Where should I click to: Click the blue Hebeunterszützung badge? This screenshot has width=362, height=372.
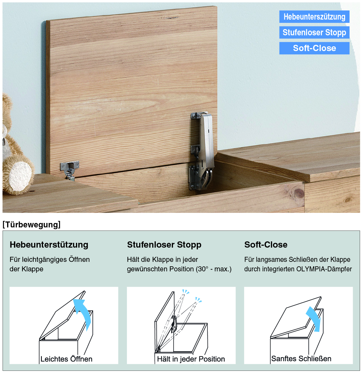click(314, 17)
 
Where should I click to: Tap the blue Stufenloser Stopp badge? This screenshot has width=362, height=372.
click(314, 32)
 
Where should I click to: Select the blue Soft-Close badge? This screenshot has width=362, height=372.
click(314, 48)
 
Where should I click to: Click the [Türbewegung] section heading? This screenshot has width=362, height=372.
click(31, 224)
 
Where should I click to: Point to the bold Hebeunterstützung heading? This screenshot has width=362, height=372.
click(49, 245)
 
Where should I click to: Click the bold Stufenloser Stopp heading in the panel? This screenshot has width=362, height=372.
click(164, 245)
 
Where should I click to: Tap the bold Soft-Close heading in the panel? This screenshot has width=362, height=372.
click(266, 245)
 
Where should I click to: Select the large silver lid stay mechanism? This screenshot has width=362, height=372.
click(201, 151)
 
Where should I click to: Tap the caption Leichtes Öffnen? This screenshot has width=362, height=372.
click(66, 359)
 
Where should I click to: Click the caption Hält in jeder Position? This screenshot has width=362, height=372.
click(191, 359)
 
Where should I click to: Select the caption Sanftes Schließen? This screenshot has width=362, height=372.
click(301, 359)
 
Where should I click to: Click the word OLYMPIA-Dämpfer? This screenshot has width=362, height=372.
click(324, 269)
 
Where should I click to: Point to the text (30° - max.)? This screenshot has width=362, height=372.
click(214, 269)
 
